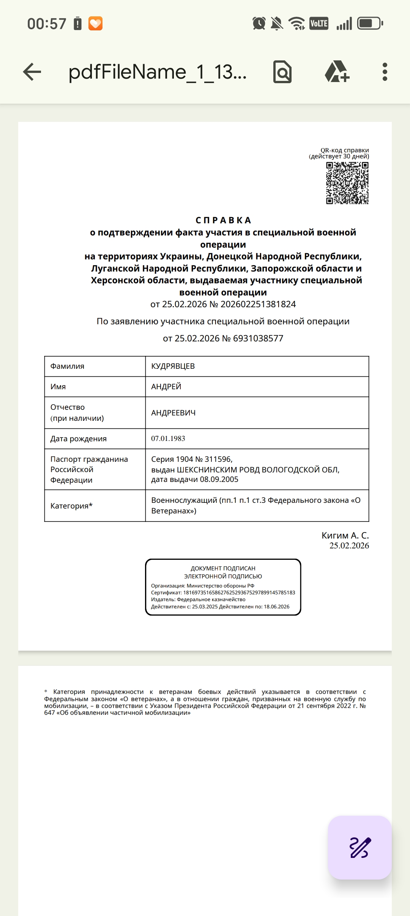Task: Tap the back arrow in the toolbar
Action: pos(32,72)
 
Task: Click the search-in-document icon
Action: pos(282,72)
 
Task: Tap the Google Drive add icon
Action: pos(337,72)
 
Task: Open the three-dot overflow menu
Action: pos(385,72)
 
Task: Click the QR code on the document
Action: pos(347,183)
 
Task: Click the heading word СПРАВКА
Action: pos(223,220)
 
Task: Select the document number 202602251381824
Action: pos(258,304)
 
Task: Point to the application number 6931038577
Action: pos(258,338)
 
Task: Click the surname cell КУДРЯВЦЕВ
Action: pos(173,366)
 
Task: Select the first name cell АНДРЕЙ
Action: pos(166,387)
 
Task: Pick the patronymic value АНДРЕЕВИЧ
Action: pos(173,413)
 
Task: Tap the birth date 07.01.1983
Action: pos(168,439)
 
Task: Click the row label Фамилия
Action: pos(68,366)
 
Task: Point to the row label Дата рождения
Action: pos(79,439)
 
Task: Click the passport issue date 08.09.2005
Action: pos(219,479)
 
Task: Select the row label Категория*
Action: pos(71,506)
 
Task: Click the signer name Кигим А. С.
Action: pos(345,535)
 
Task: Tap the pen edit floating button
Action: pos(360,848)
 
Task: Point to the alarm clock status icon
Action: pos(259,24)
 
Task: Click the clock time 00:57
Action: pos(47,24)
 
